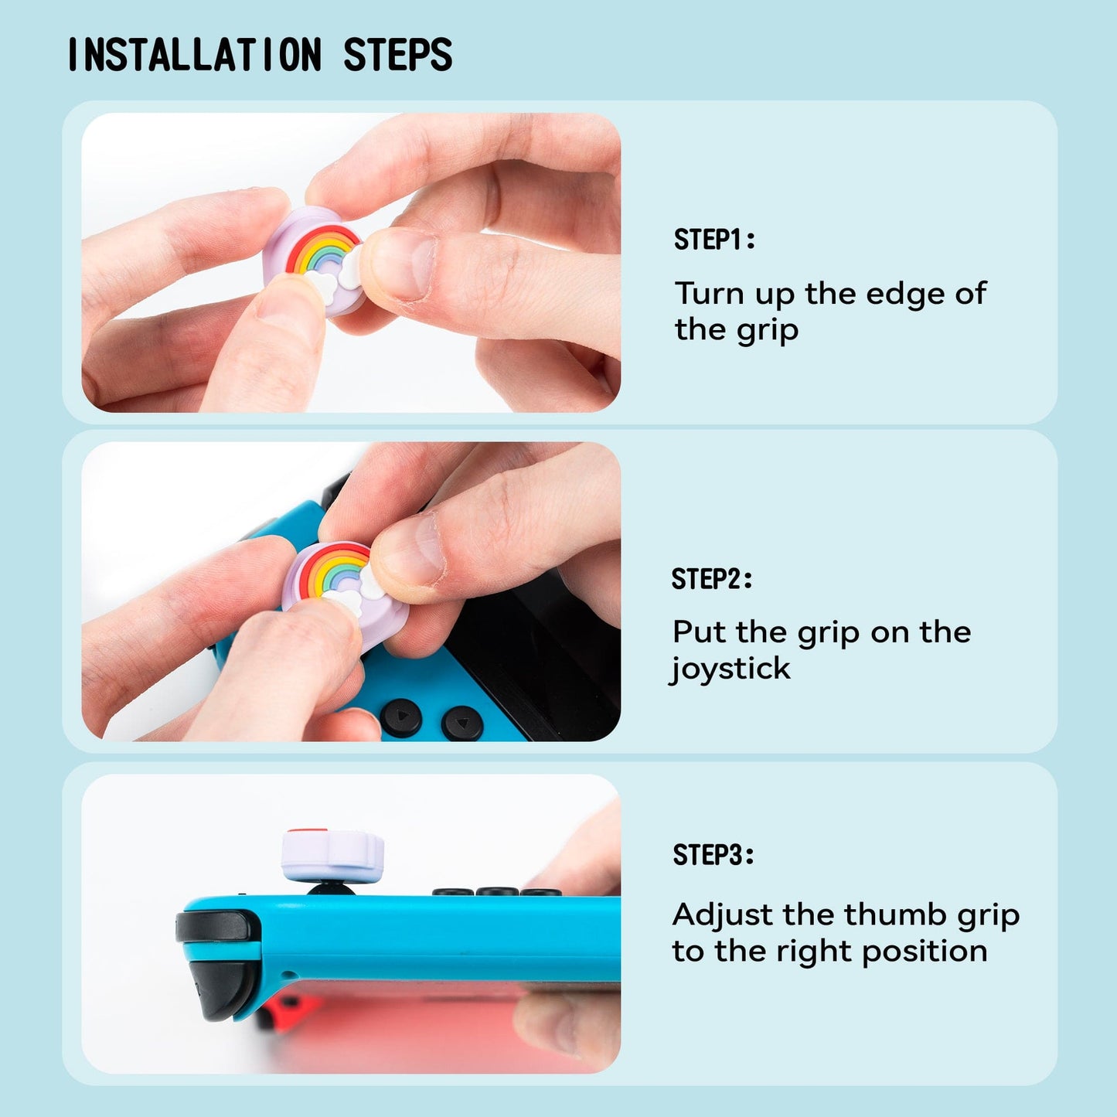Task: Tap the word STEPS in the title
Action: tap(397, 55)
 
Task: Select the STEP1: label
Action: tap(713, 240)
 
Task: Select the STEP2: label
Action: tap(711, 578)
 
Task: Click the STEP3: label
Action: tap(713, 855)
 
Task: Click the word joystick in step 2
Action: tap(731, 669)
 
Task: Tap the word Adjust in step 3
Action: tap(722, 915)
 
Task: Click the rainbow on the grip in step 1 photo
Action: tap(322, 249)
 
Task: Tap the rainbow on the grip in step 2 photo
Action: tap(333, 570)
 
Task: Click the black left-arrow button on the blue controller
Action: tap(401, 717)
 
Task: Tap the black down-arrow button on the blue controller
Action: tap(462, 724)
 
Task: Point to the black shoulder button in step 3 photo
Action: tap(216, 926)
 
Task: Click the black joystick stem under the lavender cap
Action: tap(332, 889)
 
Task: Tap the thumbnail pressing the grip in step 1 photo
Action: tap(403, 266)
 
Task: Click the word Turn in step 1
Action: tap(709, 294)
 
